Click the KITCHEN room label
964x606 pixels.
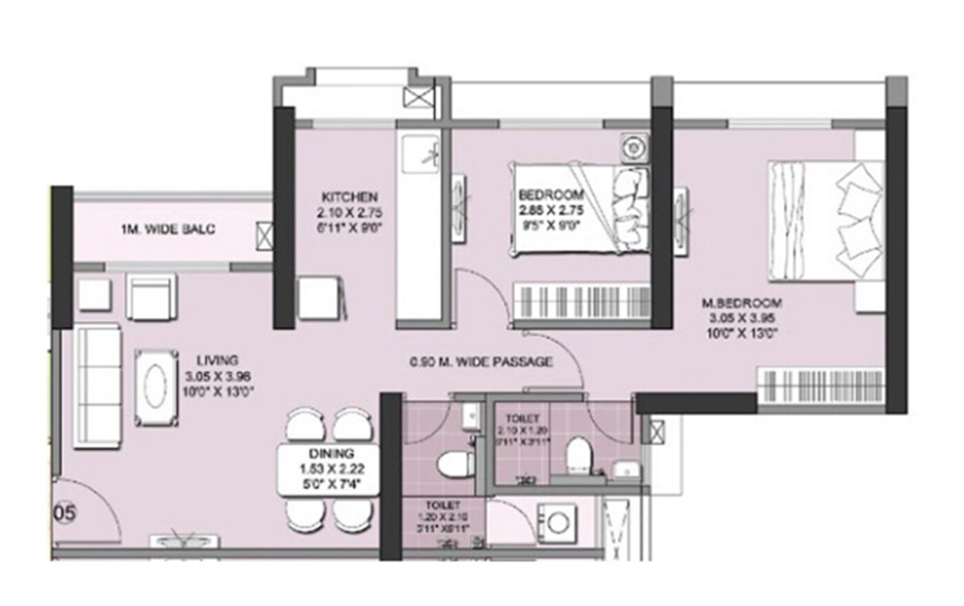(x=349, y=197)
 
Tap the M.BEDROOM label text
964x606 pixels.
(x=742, y=303)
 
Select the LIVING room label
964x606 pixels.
(x=218, y=360)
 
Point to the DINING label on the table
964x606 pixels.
(x=331, y=454)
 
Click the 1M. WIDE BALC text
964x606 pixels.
(x=168, y=229)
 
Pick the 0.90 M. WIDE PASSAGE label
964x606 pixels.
(x=481, y=362)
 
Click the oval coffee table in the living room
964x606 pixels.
(x=158, y=388)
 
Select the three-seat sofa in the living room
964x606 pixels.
(x=97, y=388)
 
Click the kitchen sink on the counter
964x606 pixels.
(x=421, y=153)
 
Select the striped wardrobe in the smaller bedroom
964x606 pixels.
(x=582, y=302)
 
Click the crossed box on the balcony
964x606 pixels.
(x=264, y=235)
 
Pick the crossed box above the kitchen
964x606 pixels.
(x=417, y=97)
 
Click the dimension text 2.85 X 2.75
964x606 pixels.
(x=551, y=210)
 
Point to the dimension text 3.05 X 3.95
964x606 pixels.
(x=742, y=318)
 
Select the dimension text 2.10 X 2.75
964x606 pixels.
(x=349, y=212)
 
